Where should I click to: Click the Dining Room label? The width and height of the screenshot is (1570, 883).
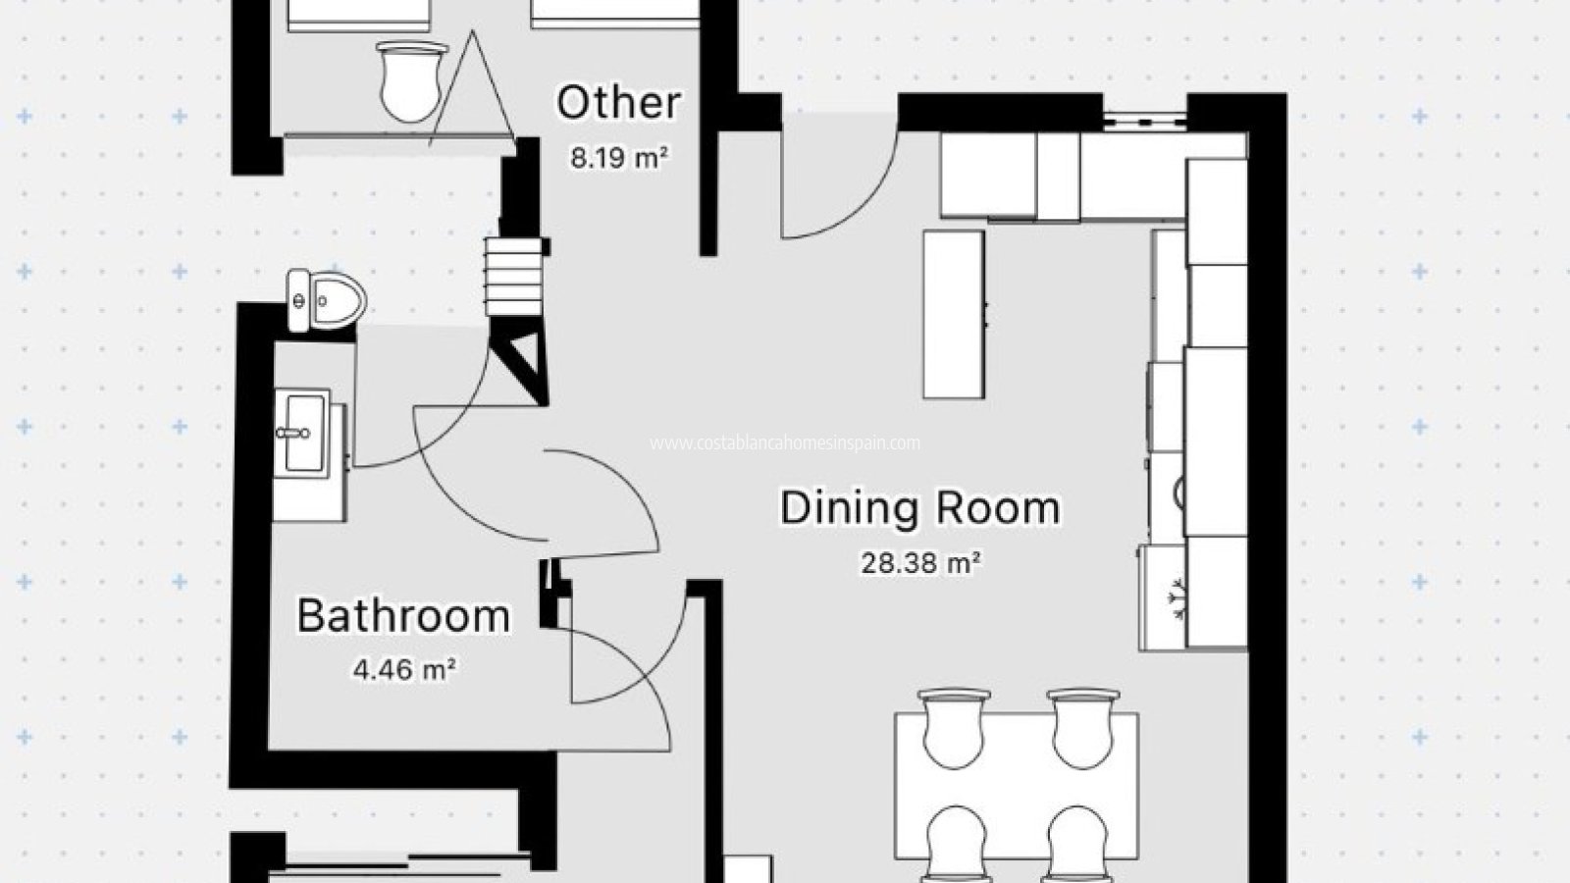(919, 508)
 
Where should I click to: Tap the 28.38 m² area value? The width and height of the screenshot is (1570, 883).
(920, 563)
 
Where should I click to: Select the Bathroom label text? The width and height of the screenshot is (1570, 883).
(403, 616)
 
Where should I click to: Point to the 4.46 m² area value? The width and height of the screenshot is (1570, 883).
(403, 670)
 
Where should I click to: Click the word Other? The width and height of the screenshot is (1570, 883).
(618, 103)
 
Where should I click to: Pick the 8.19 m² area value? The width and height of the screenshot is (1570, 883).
(618, 157)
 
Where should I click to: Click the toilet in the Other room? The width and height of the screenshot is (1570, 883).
(407, 80)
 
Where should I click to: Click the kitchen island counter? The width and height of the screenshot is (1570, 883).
(953, 314)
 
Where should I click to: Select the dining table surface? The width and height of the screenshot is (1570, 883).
(1017, 785)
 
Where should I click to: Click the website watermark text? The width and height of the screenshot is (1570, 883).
(785, 443)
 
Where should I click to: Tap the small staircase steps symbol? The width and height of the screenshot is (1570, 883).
(514, 277)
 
